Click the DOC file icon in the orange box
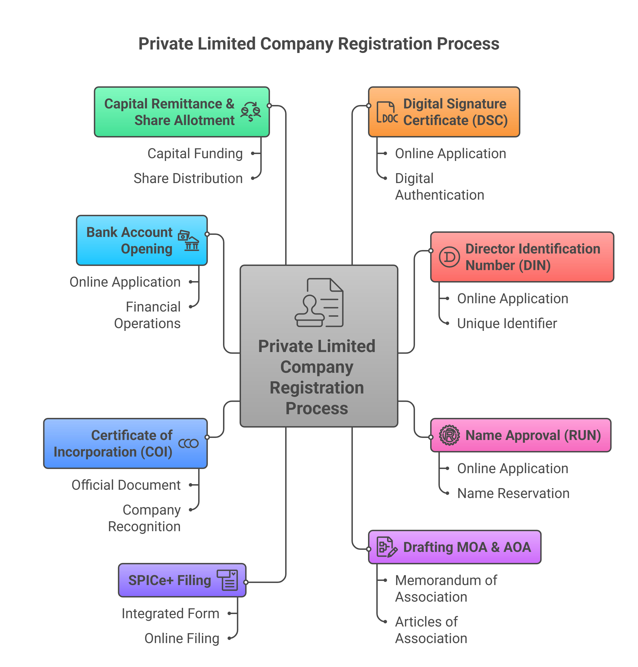pos(387,112)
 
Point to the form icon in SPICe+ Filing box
pos(228,580)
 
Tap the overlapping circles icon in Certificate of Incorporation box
pos(188,443)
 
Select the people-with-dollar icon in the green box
pos(251,112)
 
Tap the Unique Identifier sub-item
pos(507,323)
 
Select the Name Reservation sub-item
pos(513,493)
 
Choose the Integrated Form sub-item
pos(170,614)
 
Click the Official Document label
pos(126,485)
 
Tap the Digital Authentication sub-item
pos(439,187)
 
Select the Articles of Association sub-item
pos(431,630)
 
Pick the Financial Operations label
pos(147,315)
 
